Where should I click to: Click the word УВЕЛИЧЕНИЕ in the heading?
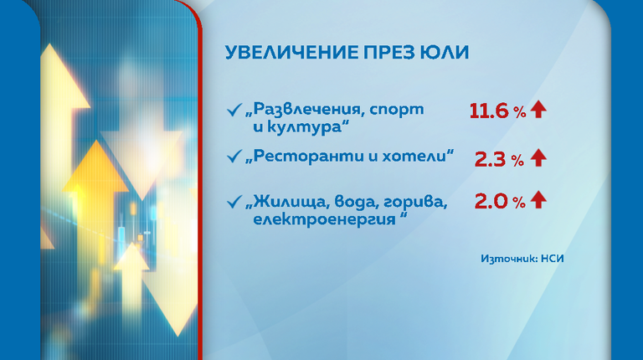[291, 53]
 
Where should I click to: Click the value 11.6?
[489, 111]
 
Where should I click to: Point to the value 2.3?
[490, 159]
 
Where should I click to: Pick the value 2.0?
[491, 201]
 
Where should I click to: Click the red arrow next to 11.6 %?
[538, 110]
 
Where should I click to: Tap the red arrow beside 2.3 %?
[538, 158]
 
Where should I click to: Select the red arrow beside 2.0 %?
[538, 200]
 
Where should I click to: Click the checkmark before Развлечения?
[234, 110]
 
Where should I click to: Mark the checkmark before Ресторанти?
[234, 157]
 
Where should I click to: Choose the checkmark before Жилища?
[234, 202]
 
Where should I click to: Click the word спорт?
[397, 111]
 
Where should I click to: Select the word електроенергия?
[324, 219]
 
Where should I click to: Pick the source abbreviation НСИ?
[552, 259]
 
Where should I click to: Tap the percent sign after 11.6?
[519, 112]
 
